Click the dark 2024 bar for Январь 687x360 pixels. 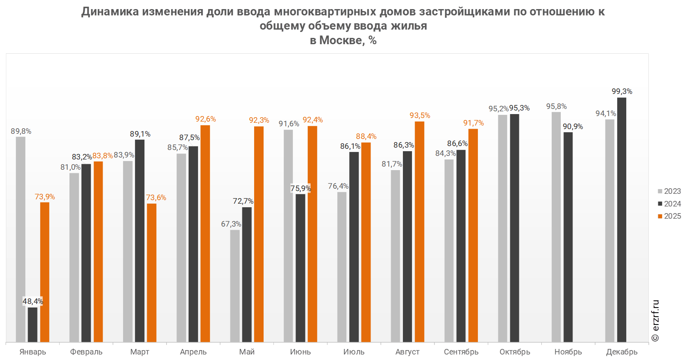point(32,324)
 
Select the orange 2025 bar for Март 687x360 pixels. point(152,272)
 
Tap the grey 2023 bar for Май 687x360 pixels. point(235,286)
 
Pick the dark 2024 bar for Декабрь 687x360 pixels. point(621,219)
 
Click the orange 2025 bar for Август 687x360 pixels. point(419,231)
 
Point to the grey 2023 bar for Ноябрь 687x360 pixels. point(556,227)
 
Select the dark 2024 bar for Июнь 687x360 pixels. point(300,268)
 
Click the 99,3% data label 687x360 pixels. point(622,92)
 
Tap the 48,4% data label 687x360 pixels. point(33,302)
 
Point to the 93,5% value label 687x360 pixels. point(420,116)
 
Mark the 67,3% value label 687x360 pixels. point(231,224)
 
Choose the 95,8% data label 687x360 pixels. point(556,107)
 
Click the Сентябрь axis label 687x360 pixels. point(461,352)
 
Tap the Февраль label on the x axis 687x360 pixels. point(86,352)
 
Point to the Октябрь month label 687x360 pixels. point(515,352)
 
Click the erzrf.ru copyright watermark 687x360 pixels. point(655,321)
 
